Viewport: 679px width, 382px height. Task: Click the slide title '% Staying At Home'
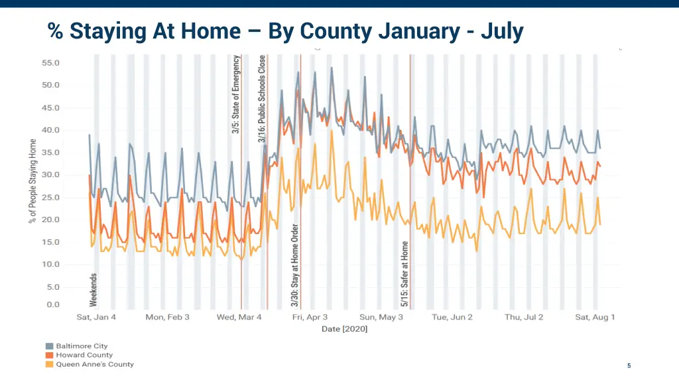click(285, 31)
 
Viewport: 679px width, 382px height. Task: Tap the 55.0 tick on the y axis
click(51, 63)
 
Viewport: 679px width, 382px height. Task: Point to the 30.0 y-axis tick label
click(51, 175)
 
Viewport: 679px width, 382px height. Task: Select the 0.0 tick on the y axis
click(53, 305)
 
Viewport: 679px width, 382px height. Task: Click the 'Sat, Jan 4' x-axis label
click(96, 317)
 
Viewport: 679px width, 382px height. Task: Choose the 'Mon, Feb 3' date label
click(167, 317)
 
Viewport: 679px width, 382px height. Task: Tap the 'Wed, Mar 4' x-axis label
click(239, 317)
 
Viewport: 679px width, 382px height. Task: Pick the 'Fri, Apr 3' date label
click(310, 317)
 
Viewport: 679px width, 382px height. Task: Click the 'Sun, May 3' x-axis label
click(381, 317)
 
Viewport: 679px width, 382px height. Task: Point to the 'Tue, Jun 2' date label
click(452, 317)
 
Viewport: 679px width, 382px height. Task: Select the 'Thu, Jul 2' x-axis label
click(523, 317)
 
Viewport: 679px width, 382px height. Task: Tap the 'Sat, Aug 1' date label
click(595, 317)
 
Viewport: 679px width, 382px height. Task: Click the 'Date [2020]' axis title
click(345, 329)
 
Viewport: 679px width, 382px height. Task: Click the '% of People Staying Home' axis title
click(32, 180)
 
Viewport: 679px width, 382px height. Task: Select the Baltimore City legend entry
click(81, 346)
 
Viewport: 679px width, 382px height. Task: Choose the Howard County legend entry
click(84, 355)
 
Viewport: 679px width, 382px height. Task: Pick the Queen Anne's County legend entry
click(94, 364)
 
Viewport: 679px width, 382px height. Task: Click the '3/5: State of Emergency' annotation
click(236, 94)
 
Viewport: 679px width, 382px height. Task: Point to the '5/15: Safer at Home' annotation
click(404, 273)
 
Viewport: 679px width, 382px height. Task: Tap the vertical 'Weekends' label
click(93, 289)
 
